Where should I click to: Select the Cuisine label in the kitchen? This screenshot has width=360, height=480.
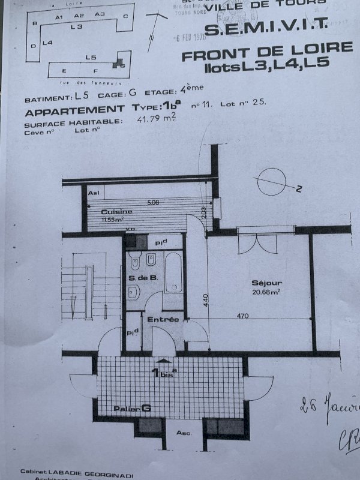point(112,212)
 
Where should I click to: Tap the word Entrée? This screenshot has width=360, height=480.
point(163,319)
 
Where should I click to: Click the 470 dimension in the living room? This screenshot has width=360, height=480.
point(242,314)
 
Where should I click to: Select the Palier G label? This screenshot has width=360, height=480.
point(131,409)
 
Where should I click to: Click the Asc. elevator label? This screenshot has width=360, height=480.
point(184,432)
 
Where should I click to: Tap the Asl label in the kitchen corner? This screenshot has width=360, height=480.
point(94,193)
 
